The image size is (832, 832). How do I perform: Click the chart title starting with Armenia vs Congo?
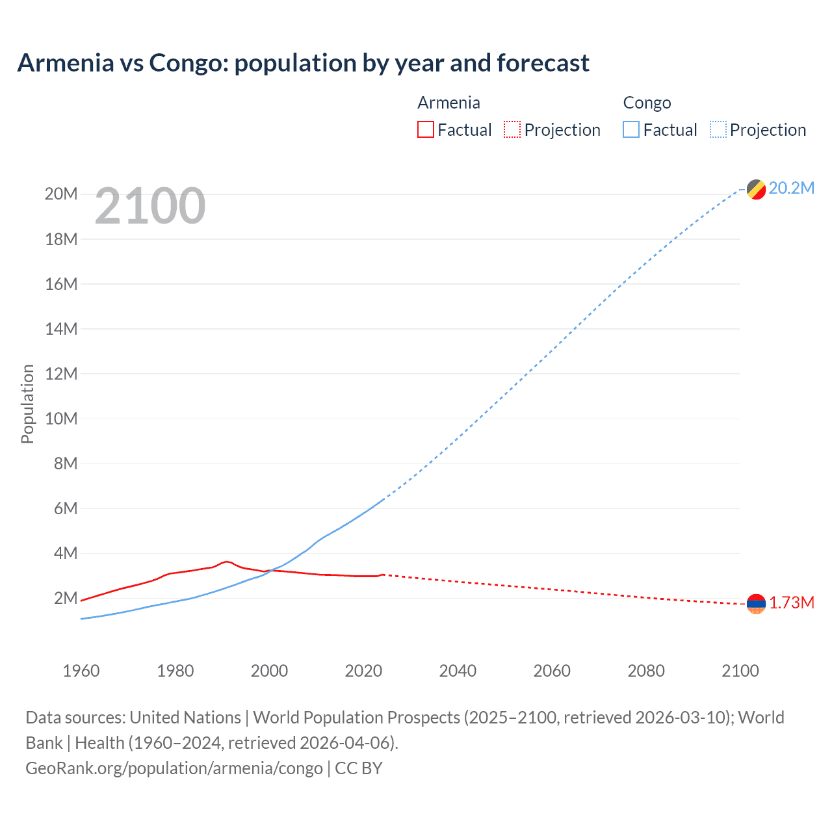coord(303,63)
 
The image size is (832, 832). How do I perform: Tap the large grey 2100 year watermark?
coord(150,206)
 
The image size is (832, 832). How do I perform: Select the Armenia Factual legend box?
coord(425,130)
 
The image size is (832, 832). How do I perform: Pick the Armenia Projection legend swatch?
coord(512,130)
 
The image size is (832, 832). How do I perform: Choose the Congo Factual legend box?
coord(631,130)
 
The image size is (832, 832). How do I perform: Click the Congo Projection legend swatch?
coord(718,130)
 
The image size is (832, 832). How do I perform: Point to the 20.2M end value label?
coord(791,188)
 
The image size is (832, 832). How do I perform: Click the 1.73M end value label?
coord(792,603)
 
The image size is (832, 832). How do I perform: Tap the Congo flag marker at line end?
coord(756,190)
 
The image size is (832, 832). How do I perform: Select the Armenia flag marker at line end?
coord(756,604)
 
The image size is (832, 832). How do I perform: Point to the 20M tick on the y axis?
coord(61,194)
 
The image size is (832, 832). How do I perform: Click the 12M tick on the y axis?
coord(61,374)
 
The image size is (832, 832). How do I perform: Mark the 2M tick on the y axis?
coord(65,598)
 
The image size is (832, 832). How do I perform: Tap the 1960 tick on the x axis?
coord(81,671)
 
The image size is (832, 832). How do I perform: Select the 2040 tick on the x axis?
coord(458,671)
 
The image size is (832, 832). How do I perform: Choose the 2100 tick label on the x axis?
coord(740,671)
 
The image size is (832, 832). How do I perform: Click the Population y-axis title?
coord(27,404)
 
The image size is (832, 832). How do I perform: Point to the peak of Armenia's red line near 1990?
coord(226,562)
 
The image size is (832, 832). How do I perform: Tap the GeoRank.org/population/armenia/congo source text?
coord(174,768)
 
